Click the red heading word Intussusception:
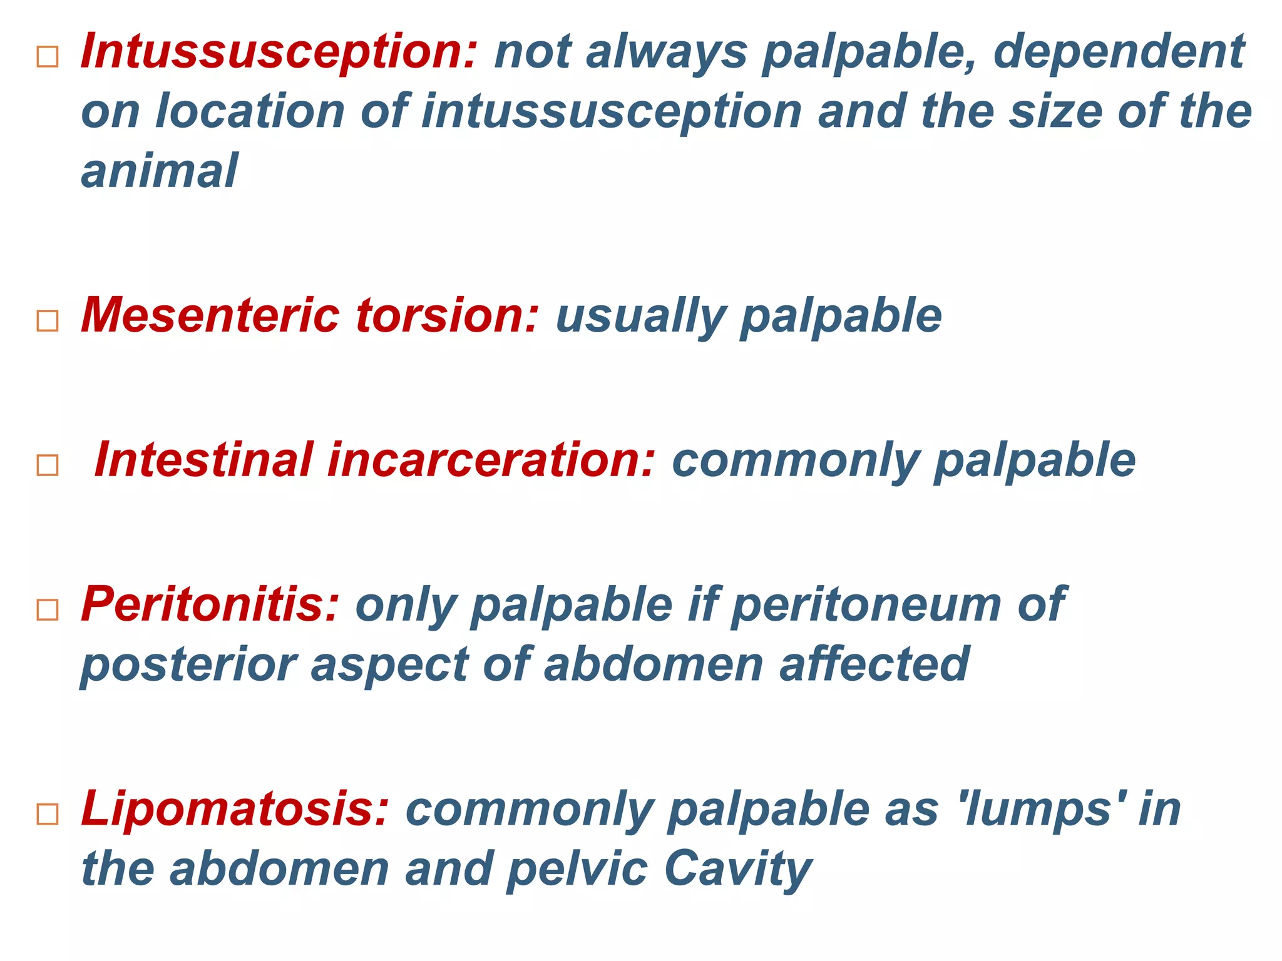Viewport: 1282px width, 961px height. pos(279,52)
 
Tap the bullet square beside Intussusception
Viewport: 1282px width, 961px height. pos(48,57)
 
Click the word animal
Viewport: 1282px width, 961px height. pos(160,171)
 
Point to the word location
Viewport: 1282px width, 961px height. pos(250,111)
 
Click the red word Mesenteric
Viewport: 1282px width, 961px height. pos(210,316)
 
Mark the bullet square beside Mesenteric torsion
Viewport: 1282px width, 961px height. pos(48,321)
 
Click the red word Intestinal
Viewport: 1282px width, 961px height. pos(203,460)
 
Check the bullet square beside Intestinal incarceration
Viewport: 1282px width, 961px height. pos(48,465)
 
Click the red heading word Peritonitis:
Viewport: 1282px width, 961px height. pos(210,605)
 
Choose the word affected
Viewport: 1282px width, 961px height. pos(874,664)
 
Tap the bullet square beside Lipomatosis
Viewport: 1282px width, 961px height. pos(48,815)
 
